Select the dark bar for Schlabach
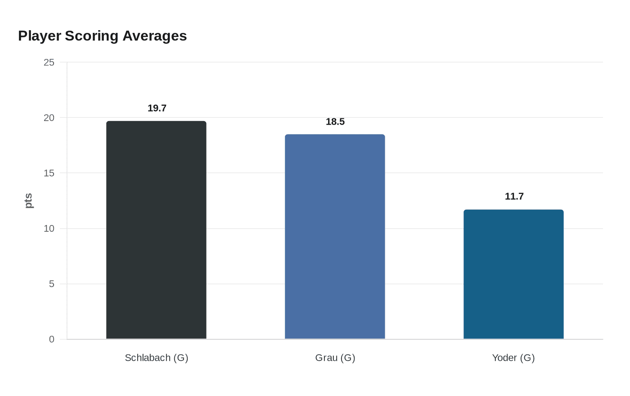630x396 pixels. point(156,230)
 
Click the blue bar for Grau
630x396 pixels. point(335,237)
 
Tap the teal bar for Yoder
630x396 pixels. point(513,274)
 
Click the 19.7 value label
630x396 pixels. point(157,108)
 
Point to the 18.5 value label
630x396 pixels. point(335,121)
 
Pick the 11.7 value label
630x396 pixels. point(514,196)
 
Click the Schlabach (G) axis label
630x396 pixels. point(156,358)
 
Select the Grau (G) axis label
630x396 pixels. point(335,358)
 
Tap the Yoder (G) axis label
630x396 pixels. point(513,358)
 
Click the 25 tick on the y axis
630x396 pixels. point(49,63)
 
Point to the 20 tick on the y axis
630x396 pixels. point(49,118)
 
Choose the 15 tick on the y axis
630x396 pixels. point(49,173)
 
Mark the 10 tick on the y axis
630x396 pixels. point(49,229)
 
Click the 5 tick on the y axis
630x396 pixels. point(52,284)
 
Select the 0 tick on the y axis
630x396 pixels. point(52,339)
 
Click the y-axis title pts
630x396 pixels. point(29,201)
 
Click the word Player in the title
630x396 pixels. point(40,36)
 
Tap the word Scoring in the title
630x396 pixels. point(92,36)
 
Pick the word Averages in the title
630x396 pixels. point(154,36)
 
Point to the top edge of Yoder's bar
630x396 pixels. point(513,210)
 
